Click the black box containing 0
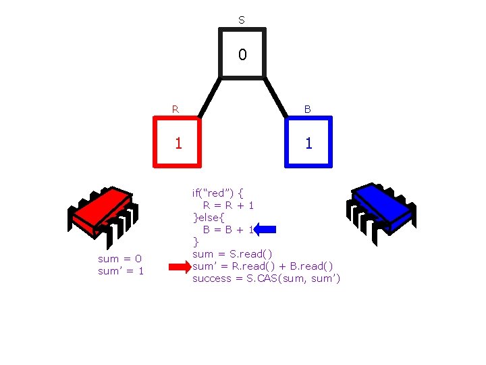pos(242,53)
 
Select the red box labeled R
pos(178,141)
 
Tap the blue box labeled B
pos(308,141)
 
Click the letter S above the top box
pos(242,20)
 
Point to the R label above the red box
pos(175,108)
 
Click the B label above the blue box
pos(308,108)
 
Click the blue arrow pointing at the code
pos(266,229)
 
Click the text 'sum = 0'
pos(120,258)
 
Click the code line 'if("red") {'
pos(217,193)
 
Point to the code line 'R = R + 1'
pos(228,205)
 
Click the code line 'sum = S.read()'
pos(233,253)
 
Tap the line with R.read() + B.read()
pos(263,266)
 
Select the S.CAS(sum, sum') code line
pos(267,278)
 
